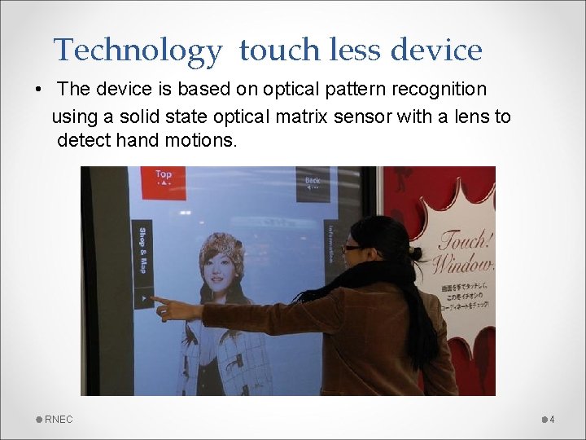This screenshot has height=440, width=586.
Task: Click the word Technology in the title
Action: coord(137,51)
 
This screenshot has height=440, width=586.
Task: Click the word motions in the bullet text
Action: coord(199,140)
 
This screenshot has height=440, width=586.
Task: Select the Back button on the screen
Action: coord(313,183)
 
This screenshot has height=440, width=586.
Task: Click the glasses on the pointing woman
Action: coord(352,248)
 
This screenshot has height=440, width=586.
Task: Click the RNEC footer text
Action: coord(59,420)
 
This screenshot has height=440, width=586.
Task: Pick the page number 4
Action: coord(552,420)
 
